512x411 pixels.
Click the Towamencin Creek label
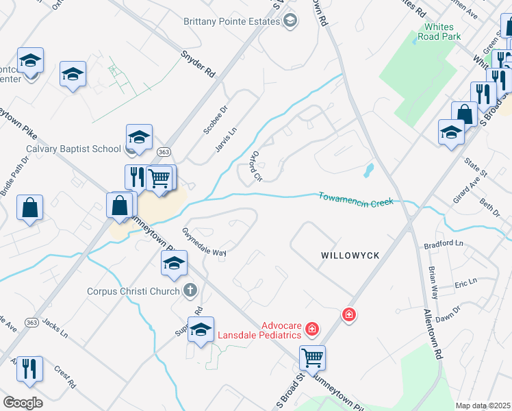point(356,201)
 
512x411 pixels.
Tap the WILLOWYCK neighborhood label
point(350,255)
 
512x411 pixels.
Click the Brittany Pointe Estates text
point(232,21)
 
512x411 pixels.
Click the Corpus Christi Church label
point(134,290)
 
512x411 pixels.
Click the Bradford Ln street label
point(444,244)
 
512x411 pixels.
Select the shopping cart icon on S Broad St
point(312,357)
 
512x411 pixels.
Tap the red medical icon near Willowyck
point(349,314)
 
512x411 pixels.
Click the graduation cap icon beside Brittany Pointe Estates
point(290,21)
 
